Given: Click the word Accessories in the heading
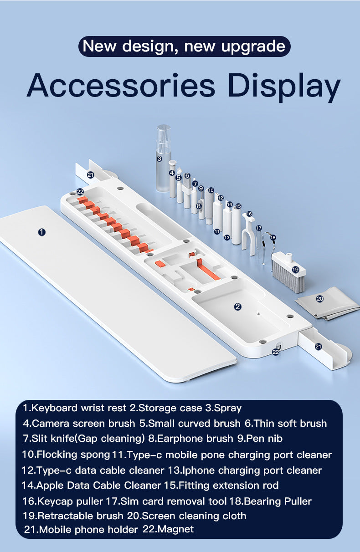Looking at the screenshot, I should [121, 85].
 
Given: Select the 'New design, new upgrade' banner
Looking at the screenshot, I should [184, 46].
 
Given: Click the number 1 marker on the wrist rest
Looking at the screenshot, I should [42, 232].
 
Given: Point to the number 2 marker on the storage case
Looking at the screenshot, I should [237, 307].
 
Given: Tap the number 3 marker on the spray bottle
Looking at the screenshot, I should [159, 158].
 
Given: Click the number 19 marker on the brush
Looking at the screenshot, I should [295, 270].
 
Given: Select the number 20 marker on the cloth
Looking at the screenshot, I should [319, 299].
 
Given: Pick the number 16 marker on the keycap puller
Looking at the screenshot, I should [249, 214].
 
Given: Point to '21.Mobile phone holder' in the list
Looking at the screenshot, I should [81, 529].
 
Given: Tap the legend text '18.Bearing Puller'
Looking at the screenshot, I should [270, 501].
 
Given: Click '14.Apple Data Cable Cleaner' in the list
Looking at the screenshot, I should [91, 485].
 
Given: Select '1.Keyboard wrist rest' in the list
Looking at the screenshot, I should [75, 408].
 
